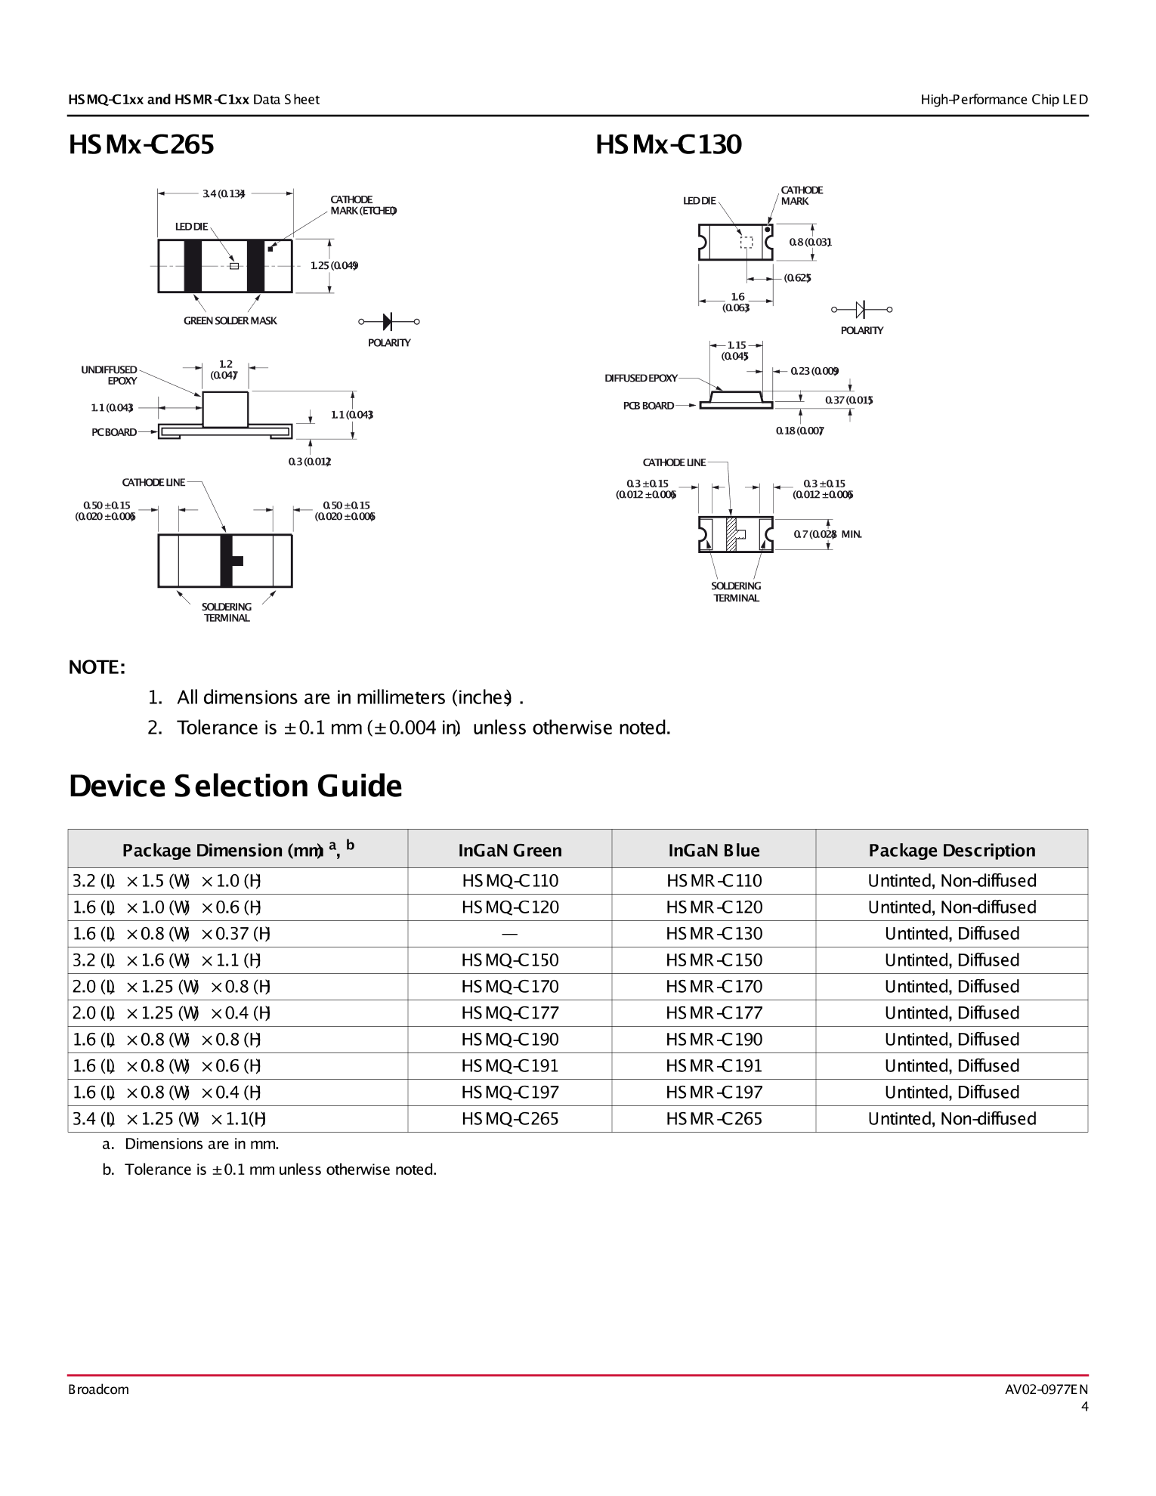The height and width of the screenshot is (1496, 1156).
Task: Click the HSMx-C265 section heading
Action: (x=141, y=144)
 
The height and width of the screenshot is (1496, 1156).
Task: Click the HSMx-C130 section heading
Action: (x=668, y=144)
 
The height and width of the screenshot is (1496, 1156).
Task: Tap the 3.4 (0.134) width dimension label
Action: (x=224, y=193)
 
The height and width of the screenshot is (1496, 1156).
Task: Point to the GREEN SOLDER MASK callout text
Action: (x=230, y=321)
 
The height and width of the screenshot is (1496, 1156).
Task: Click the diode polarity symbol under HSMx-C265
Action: (x=388, y=322)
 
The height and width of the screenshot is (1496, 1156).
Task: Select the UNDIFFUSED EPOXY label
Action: (x=110, y=376)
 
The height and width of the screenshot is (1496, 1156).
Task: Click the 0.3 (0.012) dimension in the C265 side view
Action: (x=309, y=462)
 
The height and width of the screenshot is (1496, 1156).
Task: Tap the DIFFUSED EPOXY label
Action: (x=641, y=379)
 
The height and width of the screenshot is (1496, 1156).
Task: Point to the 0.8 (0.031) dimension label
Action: (x=810, y=243)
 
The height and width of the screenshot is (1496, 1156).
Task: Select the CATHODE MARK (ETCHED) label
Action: (x=362, y=206)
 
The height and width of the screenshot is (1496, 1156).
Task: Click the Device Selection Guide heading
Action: (x=235, y=787)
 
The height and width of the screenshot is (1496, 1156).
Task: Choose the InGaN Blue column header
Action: (x=713, y=851)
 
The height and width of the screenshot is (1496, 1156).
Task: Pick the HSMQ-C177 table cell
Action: (x=510, y=1013)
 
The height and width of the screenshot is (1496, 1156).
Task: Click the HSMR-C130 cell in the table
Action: (x=713, y=934)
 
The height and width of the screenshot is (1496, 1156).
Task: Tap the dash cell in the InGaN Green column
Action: (x=510, y=934)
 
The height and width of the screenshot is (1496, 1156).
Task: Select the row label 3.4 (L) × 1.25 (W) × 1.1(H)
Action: (x=169, y=1119)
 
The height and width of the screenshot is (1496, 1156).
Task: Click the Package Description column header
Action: (x=951, y=851)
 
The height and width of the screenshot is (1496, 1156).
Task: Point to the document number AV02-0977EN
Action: (x=1046, y=1389)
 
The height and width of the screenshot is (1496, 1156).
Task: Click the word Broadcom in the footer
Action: (x=98, y=1389)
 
